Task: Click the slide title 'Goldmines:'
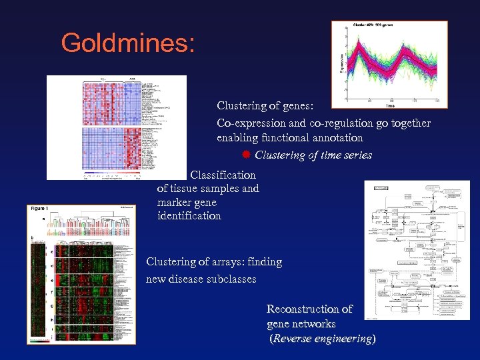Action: coord(128,43)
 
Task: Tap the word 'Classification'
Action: coord(223,175)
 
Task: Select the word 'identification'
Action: coord(189,216)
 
